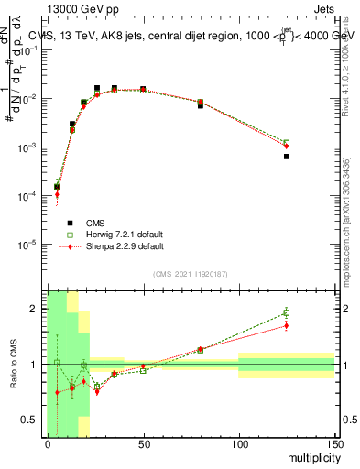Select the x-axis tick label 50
[x=143, y=443]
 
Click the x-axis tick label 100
[x=238, y=443]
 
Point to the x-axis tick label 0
[x=48, y=443]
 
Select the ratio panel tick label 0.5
[x=32, y=420]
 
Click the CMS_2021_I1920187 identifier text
[x=191, y=274]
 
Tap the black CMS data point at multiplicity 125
[x=287, y=157]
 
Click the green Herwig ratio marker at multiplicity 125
[x=287, y=313]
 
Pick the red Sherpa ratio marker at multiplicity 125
[x=287, y=325]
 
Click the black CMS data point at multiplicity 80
[x=201, y=105]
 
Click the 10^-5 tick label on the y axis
[x=31, y=245]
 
